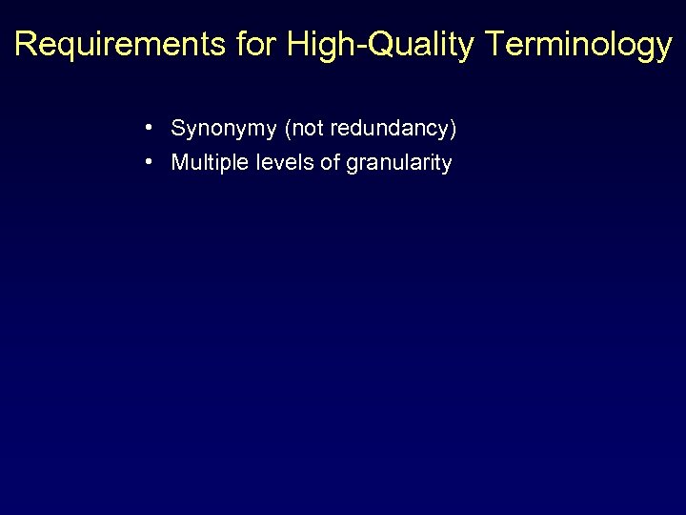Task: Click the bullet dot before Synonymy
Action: point(151,127)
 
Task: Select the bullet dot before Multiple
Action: point(151,162)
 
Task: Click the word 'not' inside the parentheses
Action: point(305,128)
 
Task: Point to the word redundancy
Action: point(389,128)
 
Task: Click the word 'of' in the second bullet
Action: point(330,163)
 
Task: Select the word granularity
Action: point(399,164)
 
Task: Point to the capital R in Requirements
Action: point(26,45)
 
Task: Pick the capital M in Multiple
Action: point(179,163)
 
